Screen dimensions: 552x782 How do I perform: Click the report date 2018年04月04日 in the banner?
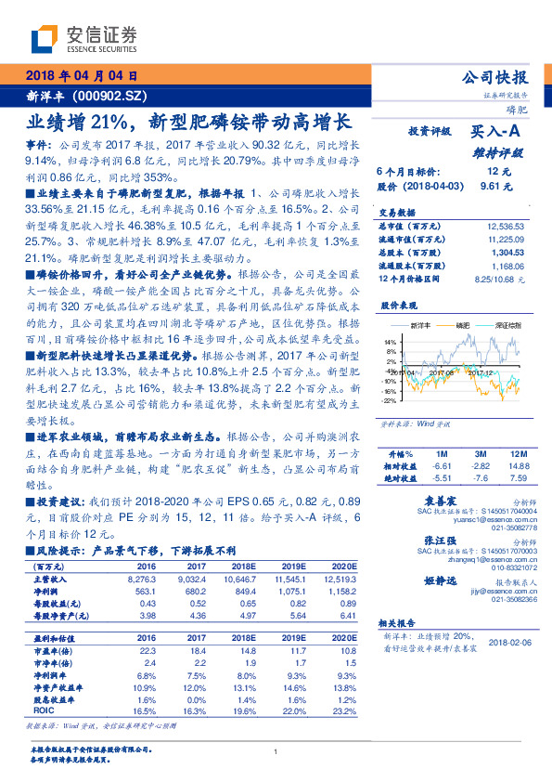click(x=83, y=77)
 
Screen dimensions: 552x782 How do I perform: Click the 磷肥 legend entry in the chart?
click(x=463, y=325)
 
